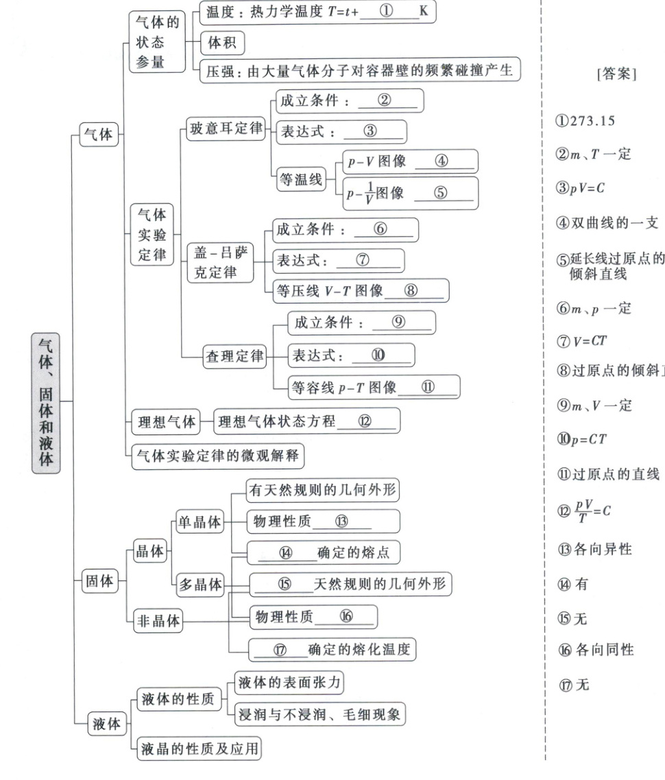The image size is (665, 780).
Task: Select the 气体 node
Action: tap(97, 135)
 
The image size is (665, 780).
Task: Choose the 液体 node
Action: tap(105, 724)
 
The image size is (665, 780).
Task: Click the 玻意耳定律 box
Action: tap(226, 130)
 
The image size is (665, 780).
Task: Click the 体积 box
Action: tap(221, 44)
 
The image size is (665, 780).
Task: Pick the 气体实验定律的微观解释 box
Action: tap(217, 455)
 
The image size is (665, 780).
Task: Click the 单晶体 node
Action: tap(199, 522)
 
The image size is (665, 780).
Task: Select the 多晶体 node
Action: tap(201, 584)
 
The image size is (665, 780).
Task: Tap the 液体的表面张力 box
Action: tap(289, 683)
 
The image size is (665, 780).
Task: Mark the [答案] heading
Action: tap(616, 74)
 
